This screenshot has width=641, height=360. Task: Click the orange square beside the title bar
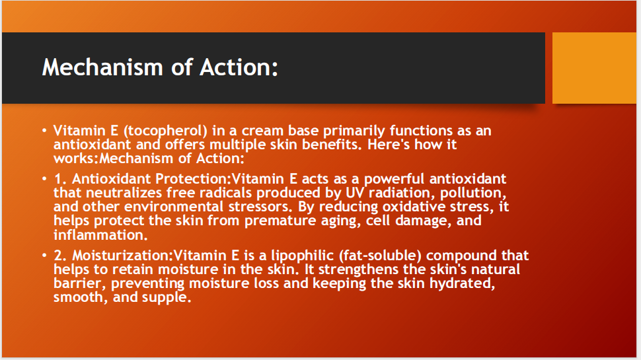click(593, 68)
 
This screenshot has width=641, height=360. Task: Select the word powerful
click(376, 179)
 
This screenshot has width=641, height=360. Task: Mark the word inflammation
click(99, 234)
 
